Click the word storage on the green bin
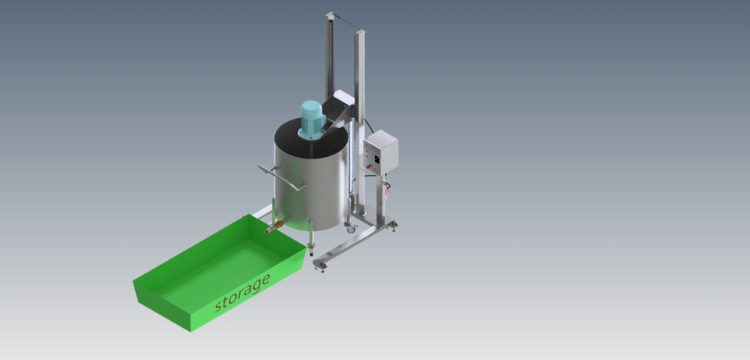coord(242,292)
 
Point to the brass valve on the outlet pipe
coord(273,227)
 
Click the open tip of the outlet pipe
coord(266,230)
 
